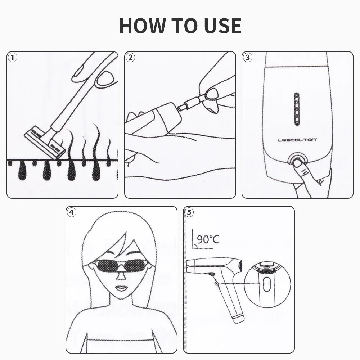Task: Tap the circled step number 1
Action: pyautogui.click(x=13, y=58)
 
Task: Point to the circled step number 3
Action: pyautogui.click(x=248, y=58)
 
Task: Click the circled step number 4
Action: pyautogui.click(x=72, y=212)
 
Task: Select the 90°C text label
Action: pyautogui.click(x=208, y=239)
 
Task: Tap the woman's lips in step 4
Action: pyautogui.click(x=121, y=288)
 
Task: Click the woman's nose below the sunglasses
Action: pyautogui.click(x=121, y=277)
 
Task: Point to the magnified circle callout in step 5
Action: pyautogui.click(x=267, y=284)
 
